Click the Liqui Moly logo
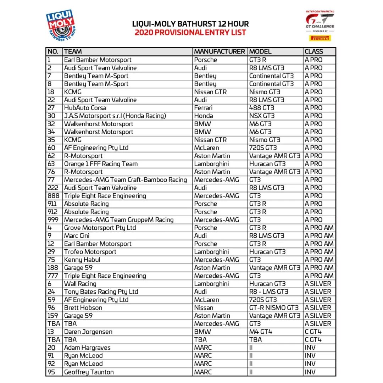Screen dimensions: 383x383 point(61,25)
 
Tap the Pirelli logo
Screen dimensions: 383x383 point(320,38)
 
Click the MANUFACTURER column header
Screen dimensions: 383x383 point(219,51)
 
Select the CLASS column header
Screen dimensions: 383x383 point(314,51)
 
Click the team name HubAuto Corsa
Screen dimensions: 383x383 point(85,108)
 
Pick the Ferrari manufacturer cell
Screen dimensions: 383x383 point(203,108)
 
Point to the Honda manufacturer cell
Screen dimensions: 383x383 point(204,116)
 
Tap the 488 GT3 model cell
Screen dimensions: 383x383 point(262,108)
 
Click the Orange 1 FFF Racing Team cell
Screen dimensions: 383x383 point(101,164)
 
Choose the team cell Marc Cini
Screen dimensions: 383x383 point(77,236)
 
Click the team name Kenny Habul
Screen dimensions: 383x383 point(82,260)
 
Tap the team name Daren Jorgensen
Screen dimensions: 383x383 point(88,332)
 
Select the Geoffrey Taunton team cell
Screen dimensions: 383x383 point(89,372)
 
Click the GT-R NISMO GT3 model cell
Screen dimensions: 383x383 point(274,308)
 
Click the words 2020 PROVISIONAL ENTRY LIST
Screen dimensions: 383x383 point(190,33)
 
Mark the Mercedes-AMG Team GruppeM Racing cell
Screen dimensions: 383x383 point(119,220)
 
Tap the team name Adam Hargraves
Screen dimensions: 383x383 point(87,348)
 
